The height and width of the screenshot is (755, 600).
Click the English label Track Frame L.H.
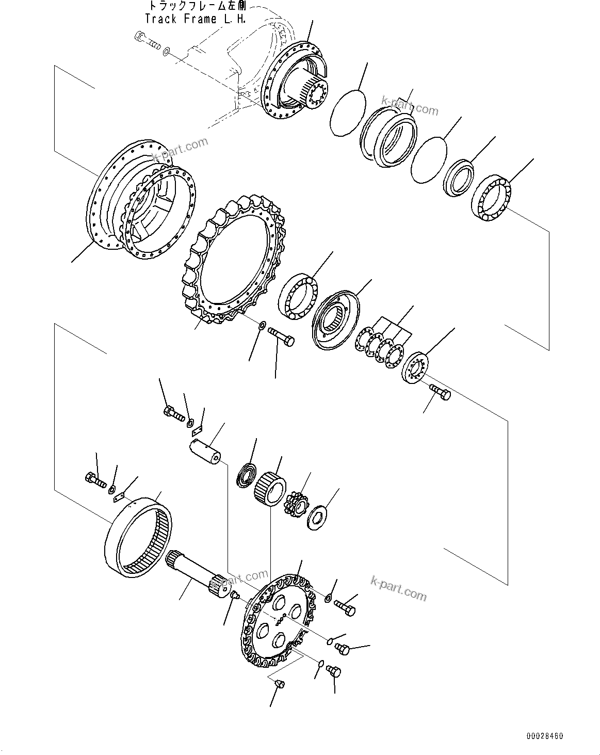coord(194,19)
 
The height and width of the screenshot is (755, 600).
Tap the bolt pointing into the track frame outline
coord(147,39)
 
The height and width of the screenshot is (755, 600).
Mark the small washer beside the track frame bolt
coord(166,52)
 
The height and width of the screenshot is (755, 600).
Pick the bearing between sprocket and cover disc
coord(298,297)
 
